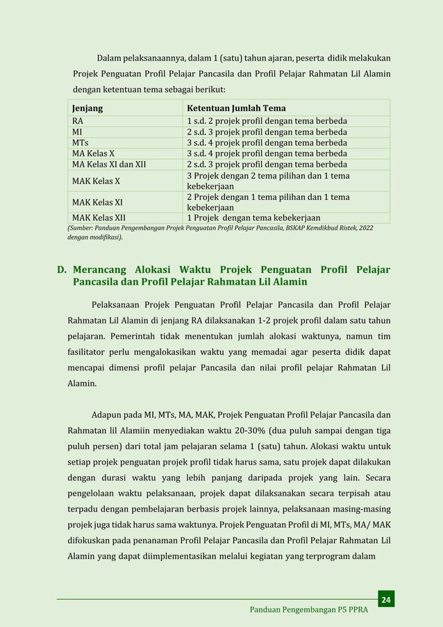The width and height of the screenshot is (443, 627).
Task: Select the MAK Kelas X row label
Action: [96, 181]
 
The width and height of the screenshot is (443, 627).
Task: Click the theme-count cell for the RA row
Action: [267, 121]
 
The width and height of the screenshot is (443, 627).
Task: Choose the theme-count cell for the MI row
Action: [267, 132]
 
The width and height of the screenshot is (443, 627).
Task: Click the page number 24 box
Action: [386, 599]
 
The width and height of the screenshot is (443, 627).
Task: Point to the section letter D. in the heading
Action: [62, 269]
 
